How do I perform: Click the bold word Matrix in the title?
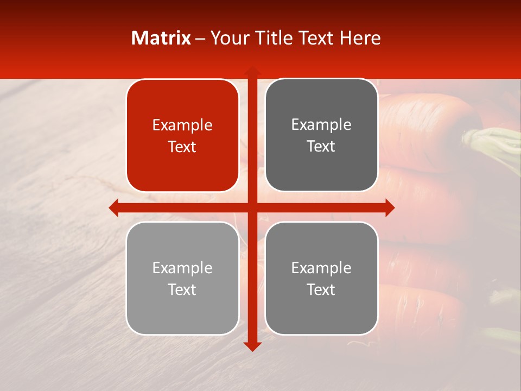[x=161, y=38]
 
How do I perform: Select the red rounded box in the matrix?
[x=182, y=135]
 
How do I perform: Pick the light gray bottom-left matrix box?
[x=182, y=278]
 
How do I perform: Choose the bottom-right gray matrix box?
[x=321, y=278]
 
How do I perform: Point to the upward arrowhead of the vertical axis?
[x=252, y=71]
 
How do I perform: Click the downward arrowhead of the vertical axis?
[x=252, y=346]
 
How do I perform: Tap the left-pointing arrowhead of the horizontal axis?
[x=113, y=207]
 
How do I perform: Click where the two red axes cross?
[x=252, y=207]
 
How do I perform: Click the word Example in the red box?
[x=182, y=125]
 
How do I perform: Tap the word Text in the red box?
[x=182, y=147]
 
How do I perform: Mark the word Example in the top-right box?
[x=321, y=125]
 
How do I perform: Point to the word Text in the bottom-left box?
[x=182, y=289]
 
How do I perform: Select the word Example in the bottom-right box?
[x=321, y=268]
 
